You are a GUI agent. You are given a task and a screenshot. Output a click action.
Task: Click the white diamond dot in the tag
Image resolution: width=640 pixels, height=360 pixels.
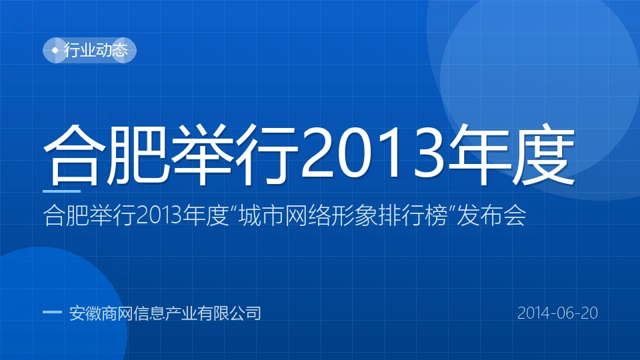(x=55, y=50)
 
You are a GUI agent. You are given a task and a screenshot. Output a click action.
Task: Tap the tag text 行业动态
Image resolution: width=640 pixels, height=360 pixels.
(x=96, y=50)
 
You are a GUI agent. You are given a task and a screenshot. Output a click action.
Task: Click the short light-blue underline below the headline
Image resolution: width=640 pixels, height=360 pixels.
(x=61, y=191)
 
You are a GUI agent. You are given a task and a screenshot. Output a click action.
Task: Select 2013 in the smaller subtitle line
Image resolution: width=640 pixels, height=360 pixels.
(x=159, y=215)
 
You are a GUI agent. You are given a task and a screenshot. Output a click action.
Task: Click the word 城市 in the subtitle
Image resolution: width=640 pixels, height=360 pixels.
(x=261, y=215)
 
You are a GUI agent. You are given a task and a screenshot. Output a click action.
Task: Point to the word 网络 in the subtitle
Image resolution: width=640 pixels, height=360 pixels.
(x=307, y=215)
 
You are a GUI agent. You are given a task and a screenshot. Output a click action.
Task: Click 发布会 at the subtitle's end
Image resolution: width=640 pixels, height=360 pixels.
(x=491, y=215)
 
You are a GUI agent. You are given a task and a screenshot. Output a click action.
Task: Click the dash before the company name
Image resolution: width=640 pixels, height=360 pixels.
(x=52, y=313)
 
